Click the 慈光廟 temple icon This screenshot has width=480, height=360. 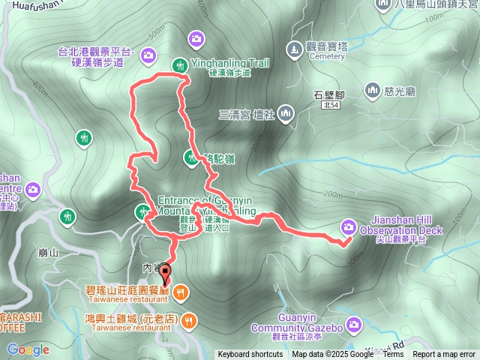pyautogui.click(x=373, y=91)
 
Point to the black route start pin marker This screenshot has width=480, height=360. pyautogui.click(x=166, y=274)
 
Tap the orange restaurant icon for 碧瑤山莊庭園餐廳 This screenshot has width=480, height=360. pyautogui.click(x=181, y=290)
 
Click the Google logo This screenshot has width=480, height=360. pyautogui.click(x=28, y=349)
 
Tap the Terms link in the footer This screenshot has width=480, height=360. pyautogui.click(x=393, y=355)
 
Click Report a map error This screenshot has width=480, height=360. pyautogui.click(x=444, y=355)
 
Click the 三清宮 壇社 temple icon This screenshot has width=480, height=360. pyautogui.click(x=286, y=114)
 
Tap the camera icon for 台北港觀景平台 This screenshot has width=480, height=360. pyautogui.click(x=148, y=54)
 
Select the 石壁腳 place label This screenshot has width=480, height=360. pyautogui.click(x=328, y=95)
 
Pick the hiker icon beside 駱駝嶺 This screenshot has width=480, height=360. pyautogui.click(x=190, y=157)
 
